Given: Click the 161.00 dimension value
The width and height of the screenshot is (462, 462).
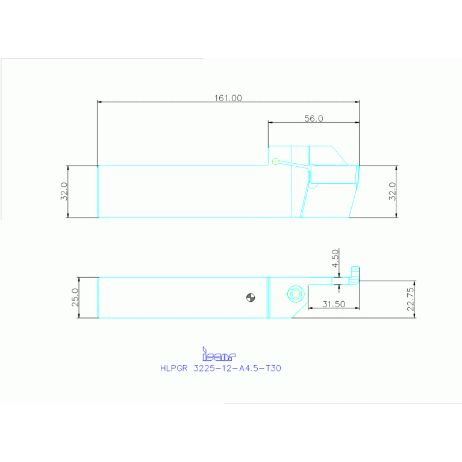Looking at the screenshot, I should pyautogui.click(x=228, y=98).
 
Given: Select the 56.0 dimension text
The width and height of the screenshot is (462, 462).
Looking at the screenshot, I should pyautogui.click(x=313, y=119).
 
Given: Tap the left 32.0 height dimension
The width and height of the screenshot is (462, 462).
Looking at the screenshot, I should pyautogui.click(x=64, y=192).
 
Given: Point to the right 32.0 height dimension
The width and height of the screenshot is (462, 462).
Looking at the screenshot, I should pyautogui.click(x=392, y=192).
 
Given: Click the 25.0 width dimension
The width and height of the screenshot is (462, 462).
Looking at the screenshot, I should pyautogui.click(x=75, y=298).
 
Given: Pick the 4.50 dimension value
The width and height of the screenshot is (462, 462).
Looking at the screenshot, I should pyautogui.click(x=336, y=260).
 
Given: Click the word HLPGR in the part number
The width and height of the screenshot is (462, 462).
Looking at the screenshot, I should pyautogui.click(x=174, y=369).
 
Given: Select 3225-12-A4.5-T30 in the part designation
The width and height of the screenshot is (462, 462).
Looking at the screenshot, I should pyautogui.click(x=237, y=369).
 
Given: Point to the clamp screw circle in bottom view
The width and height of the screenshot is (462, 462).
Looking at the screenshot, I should pyautogui.click(x=295, y=293).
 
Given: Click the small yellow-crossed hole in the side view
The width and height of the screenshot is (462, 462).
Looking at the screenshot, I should pyautogui.click(x=275, y=161).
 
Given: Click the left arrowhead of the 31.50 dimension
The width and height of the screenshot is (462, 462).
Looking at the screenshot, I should pyautogui.click(x=310, y=308).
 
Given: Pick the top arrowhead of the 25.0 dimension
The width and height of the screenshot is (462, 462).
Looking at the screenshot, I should pyautogui.click(x=80, y=279).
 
